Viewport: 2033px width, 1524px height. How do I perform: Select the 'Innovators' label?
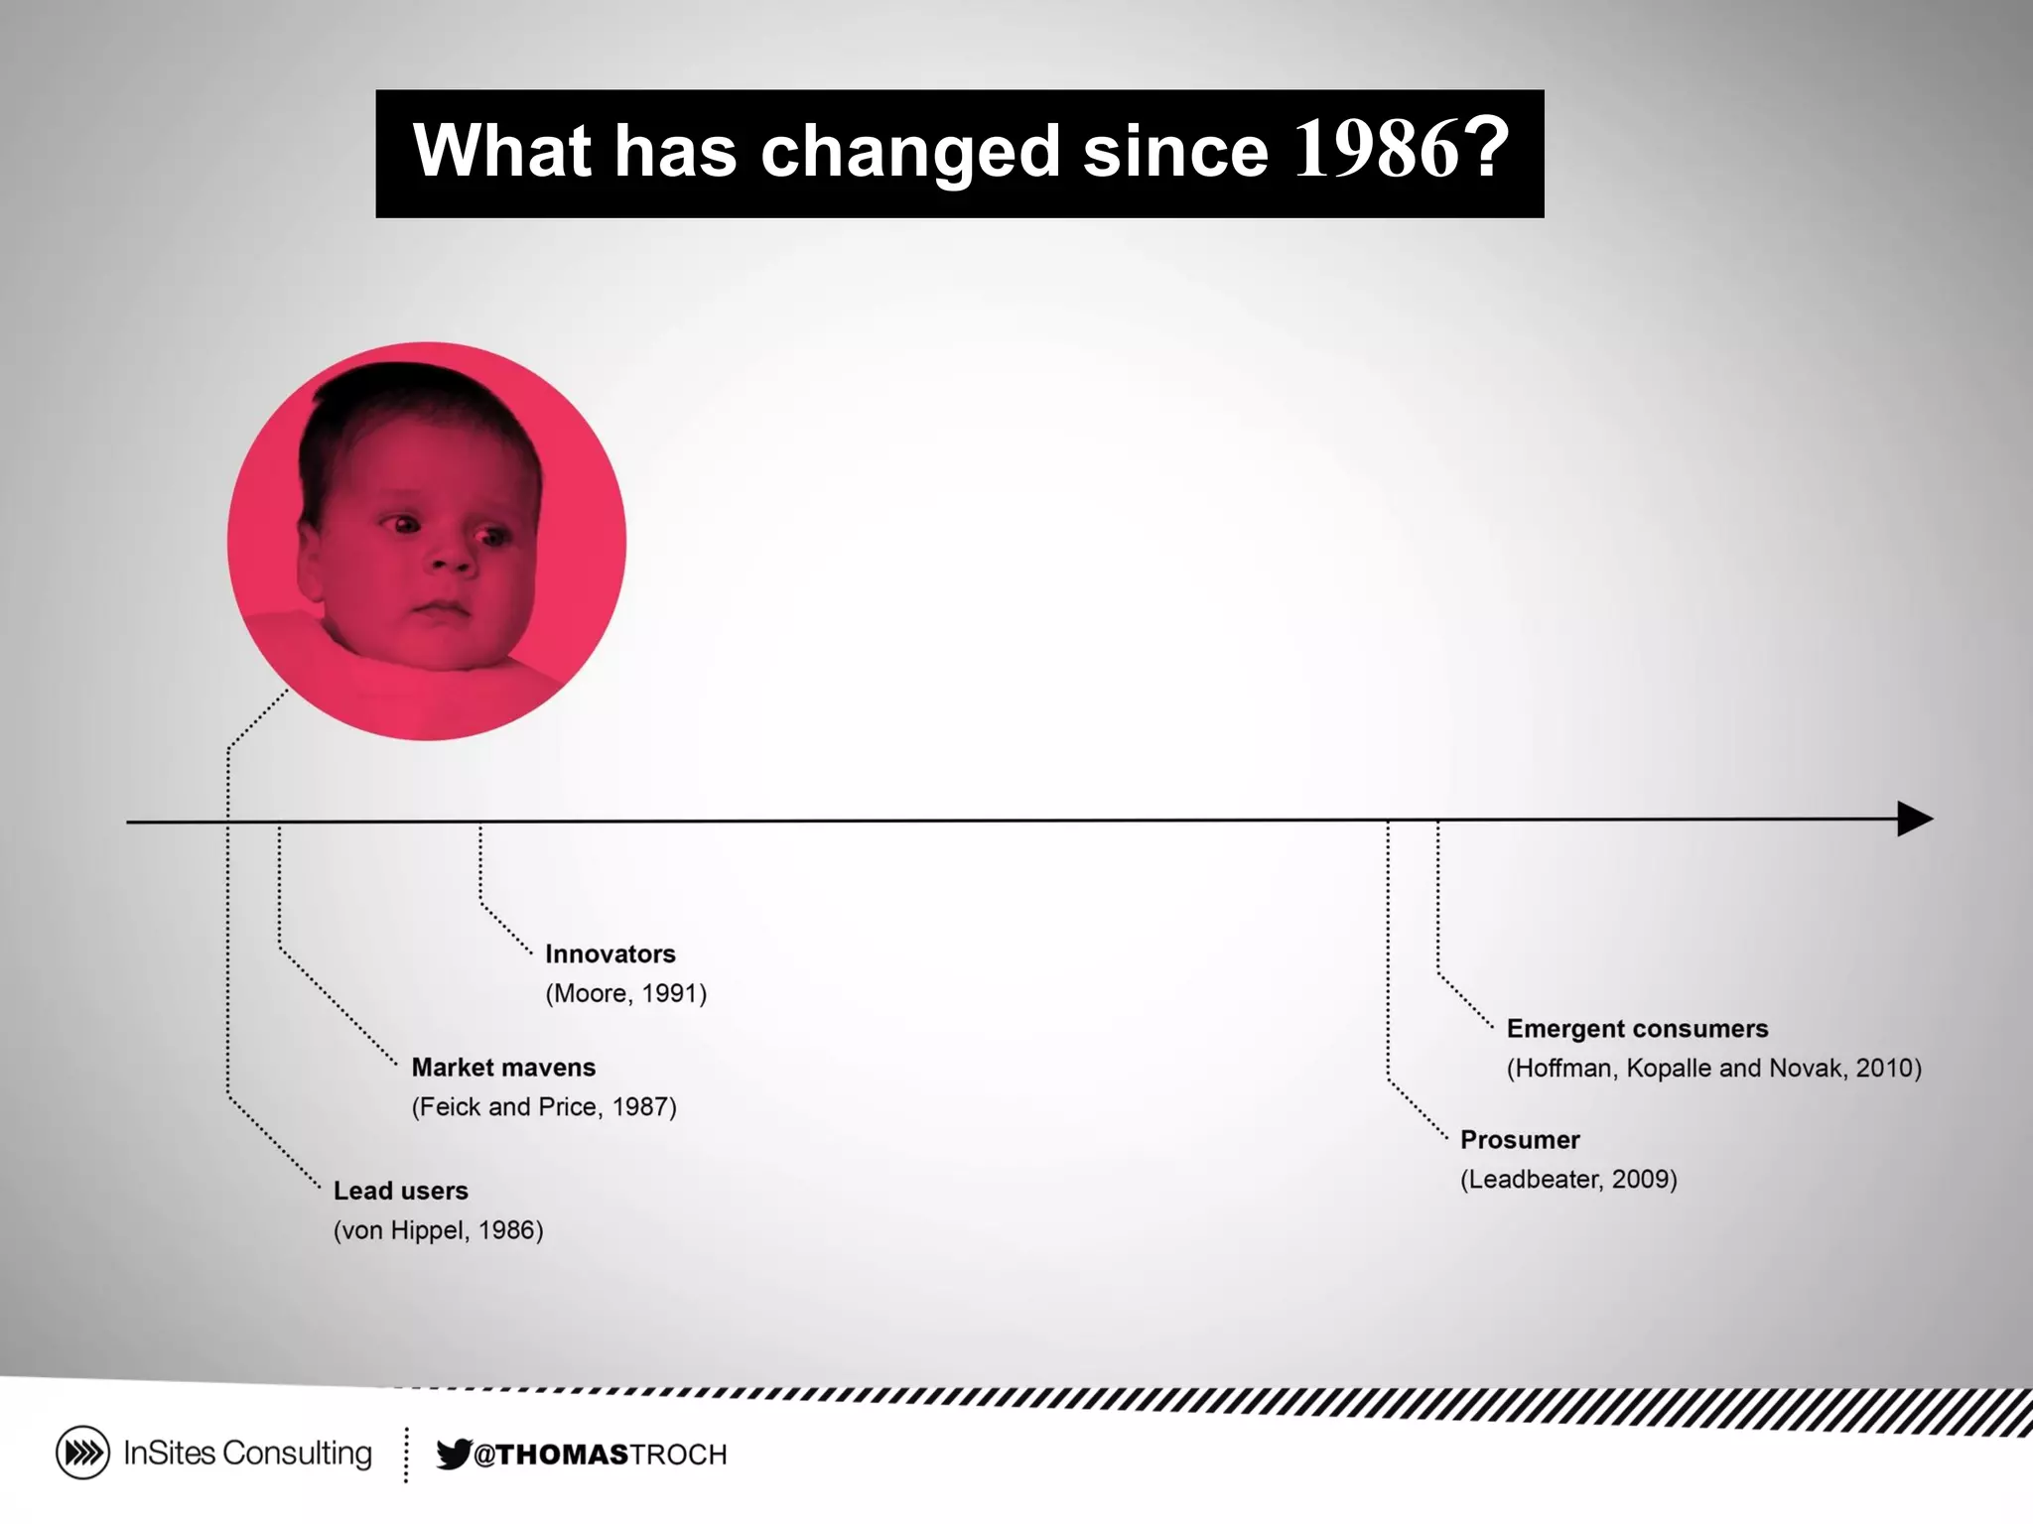(610, 953)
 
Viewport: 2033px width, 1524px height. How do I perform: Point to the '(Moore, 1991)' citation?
(625, 993)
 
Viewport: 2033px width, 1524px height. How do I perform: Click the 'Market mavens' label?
(503, 1067)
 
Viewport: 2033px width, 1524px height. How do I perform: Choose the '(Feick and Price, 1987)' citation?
(544, 1106)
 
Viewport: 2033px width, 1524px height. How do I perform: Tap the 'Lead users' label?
(400, 1190)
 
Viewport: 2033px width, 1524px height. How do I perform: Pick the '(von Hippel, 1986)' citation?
(438, 1229)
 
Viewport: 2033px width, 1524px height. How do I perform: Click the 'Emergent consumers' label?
(1637, 1028)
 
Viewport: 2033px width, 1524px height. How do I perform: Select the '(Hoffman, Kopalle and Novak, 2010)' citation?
(1713, 1068)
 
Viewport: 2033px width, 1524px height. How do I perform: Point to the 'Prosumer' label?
(1519, 1139)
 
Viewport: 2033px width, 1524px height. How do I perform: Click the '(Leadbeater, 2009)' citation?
(1568, 1179)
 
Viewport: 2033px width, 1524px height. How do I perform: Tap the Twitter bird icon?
(453, 1454)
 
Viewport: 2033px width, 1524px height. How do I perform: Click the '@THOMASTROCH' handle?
(600, 1455)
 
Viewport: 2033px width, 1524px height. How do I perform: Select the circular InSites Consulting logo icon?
(82, 1453)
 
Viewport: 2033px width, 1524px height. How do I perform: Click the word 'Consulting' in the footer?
(297, 1453)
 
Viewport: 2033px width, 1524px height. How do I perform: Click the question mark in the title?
(1486, 150)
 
